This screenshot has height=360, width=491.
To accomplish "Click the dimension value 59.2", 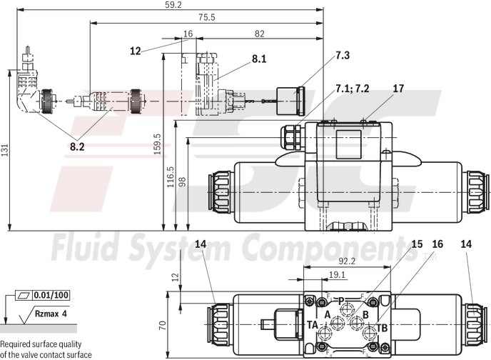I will (154, 5).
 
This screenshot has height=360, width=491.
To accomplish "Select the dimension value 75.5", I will (207, 17).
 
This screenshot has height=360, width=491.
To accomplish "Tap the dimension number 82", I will (259, 33).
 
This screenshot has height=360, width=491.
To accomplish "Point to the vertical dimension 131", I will (5, 149).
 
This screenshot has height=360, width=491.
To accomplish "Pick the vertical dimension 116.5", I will (170, 176).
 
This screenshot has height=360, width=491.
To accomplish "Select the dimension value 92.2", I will (345, 262).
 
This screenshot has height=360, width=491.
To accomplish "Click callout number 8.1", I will (258, 60).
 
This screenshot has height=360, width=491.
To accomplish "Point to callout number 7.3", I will (343, 55).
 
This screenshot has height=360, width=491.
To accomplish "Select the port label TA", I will (313, 324).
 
